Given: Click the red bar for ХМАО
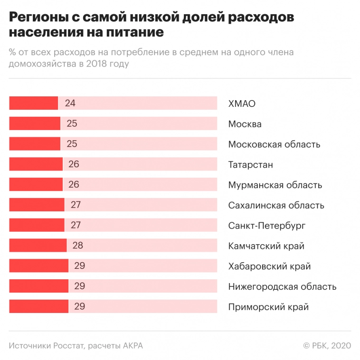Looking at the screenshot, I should point(33,103).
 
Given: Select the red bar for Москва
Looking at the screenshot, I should point(35,123).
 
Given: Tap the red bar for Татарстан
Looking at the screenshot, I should point(36,164).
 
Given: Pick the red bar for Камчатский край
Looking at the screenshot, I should point(38,246).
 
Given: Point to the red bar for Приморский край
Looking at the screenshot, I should point(38,306).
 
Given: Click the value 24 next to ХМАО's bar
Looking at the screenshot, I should point(70,103).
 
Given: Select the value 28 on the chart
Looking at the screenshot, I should point(78,246).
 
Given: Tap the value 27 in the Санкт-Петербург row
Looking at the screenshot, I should point(76,225).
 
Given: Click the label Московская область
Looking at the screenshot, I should point(274,144).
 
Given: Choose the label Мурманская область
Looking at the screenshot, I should point(275,185).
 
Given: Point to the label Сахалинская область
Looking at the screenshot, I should point(276,205).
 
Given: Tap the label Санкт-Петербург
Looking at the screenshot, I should point(266,226).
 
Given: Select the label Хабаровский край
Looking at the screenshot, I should point(269,266).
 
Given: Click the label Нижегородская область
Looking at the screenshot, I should point(282,286).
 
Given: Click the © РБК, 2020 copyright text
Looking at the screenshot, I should point(327,346).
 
